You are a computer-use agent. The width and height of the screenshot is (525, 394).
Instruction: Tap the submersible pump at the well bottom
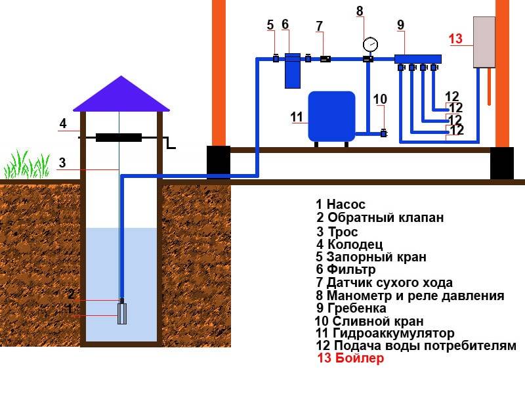point(122,313)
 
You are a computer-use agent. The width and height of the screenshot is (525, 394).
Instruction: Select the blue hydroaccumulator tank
point(331,116)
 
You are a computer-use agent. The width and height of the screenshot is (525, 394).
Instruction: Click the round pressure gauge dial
point(369,45)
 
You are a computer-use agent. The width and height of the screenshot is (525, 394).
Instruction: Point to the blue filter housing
point(293,71)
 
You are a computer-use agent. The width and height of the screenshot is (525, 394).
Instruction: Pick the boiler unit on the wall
point(484,41)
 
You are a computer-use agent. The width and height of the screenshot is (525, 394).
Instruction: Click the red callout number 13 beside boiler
point(455,39)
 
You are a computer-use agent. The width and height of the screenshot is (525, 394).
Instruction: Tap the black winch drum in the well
point(119,138)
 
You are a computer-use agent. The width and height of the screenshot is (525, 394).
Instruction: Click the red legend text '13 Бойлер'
point(350,359)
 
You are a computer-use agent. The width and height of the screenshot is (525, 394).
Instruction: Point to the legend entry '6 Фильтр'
point(345,269)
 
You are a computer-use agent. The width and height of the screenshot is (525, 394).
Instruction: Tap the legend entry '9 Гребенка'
point(351,308)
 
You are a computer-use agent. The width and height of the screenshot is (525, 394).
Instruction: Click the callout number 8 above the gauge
point(359,11)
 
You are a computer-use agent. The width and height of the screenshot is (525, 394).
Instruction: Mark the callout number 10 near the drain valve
point(380,99)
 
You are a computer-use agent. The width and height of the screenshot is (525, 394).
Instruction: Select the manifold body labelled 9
point(417,58)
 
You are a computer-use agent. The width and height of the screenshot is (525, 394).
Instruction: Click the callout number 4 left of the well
point(62,123)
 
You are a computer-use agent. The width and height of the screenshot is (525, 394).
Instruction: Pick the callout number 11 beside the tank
point(297,117)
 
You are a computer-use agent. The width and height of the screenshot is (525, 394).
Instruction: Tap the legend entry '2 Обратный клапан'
point(380,218)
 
